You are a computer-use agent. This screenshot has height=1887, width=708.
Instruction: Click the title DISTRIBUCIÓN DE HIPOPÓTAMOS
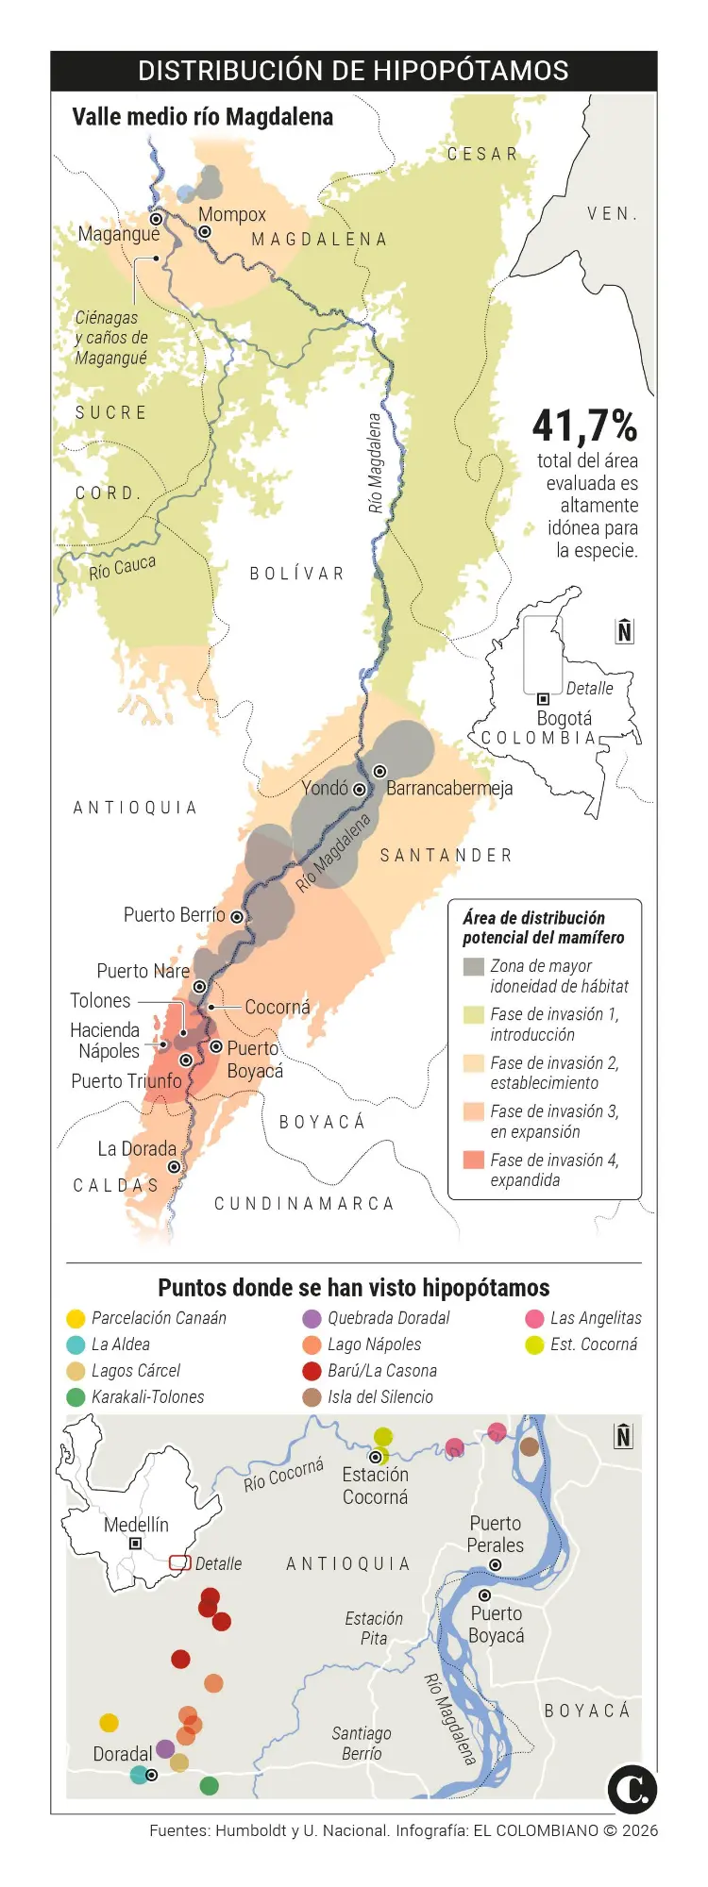(353, 71)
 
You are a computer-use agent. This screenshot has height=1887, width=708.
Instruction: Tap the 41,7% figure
(584, 426)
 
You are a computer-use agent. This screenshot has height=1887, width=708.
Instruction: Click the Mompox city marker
(205, 232)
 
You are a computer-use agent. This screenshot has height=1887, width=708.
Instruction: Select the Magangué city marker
(157, 219)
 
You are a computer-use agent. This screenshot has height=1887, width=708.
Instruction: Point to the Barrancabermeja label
(449, 788)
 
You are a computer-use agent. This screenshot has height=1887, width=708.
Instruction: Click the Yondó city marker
(360, 790)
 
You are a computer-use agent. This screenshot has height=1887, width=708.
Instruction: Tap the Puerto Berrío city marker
(237, 916)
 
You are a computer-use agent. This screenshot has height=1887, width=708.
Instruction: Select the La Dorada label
(137, 1148)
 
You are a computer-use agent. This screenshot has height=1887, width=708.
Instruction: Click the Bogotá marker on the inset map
(543, 699)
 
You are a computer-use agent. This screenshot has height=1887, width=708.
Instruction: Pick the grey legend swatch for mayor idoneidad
(474, 966)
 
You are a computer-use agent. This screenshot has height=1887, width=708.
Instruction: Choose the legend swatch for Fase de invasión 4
(474, 1161)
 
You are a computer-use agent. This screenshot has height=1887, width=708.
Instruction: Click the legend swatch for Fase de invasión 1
(474, 1014)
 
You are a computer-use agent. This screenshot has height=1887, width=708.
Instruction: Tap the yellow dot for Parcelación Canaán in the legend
(76, 1319)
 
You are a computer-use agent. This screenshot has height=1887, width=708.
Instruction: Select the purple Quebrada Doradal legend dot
(312, 1319)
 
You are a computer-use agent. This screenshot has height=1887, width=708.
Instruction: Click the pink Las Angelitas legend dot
(534, 1319)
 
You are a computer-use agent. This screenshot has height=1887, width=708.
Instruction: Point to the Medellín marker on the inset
(136, 1544)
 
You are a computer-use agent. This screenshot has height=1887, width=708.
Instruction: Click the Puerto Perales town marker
(496, 1565)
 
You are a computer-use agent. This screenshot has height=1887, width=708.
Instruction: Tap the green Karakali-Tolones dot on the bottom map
(210, 1786)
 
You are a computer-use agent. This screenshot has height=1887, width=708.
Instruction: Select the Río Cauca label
(122, 567)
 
